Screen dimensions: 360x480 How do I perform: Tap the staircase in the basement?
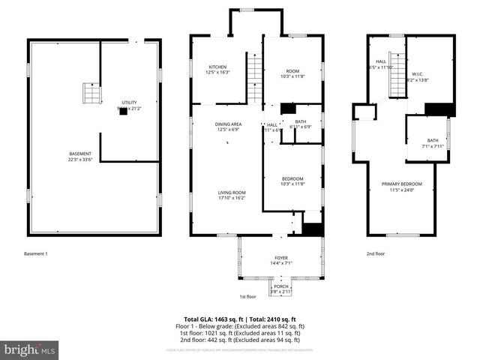point(91,95)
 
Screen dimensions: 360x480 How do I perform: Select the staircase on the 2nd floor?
point(397,80)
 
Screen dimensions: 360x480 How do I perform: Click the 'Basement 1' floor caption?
point(35,253)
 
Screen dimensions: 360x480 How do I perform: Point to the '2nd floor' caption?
point(376,253)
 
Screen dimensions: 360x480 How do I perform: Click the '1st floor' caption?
point(248,297)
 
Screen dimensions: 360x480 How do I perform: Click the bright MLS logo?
point(30,349)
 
